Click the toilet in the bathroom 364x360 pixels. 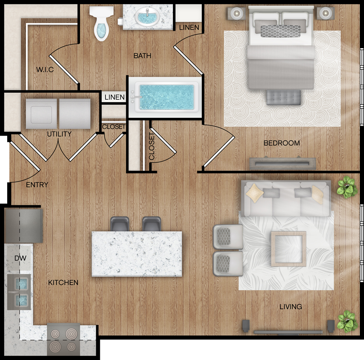click(x=102, y=23)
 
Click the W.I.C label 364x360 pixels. click(x=45, y=69)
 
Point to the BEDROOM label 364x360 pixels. click(x=282, y=143)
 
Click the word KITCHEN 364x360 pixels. click(x=63, y=283)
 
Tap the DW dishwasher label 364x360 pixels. click(x=20, y=258)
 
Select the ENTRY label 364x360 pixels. click(x=37, y=185)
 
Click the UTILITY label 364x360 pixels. click(x=59, y=134)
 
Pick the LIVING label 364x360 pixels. click(x=291, y=307)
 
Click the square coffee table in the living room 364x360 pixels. click(x=289, y=249)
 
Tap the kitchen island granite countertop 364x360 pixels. click(x=137, y=254)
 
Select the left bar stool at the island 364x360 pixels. click(x=120, y=224)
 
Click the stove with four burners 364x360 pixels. click(x=64, y=339)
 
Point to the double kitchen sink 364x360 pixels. click(x=19, y=292)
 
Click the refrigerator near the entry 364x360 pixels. click(x=23, y=225)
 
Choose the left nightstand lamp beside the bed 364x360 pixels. click(x=236, y=13)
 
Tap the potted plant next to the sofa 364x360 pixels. click(x=347, y=187)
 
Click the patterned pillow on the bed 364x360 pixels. click(x=280, y=31)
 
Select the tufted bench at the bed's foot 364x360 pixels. click(x=284, y=97)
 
